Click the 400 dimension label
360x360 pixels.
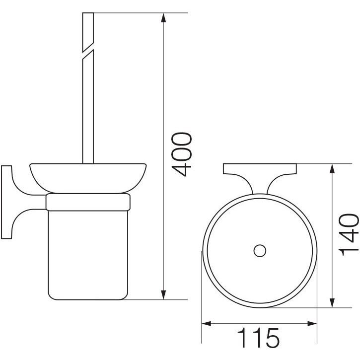182,154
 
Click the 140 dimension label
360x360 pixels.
348,235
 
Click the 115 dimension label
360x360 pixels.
258,338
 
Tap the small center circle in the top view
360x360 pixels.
260,250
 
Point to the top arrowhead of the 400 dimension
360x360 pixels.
163,18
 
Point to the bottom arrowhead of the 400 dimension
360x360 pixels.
163,295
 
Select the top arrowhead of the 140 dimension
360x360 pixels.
332,169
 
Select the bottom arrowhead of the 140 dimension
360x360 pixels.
332,303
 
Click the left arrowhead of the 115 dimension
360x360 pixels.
206,324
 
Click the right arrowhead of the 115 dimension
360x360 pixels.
312,324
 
